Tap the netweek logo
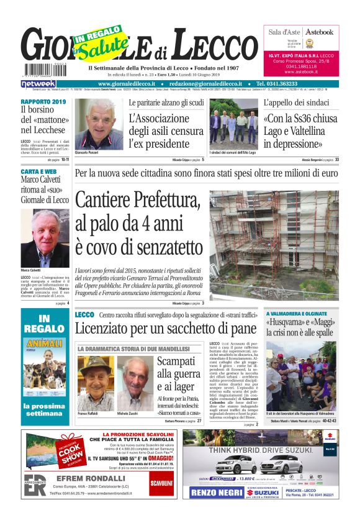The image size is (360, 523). [x=38, y=84]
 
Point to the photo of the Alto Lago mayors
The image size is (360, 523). [x=233, y=126]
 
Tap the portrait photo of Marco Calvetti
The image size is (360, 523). [x=45, y=238]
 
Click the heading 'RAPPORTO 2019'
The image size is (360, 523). [x=43, y=101]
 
